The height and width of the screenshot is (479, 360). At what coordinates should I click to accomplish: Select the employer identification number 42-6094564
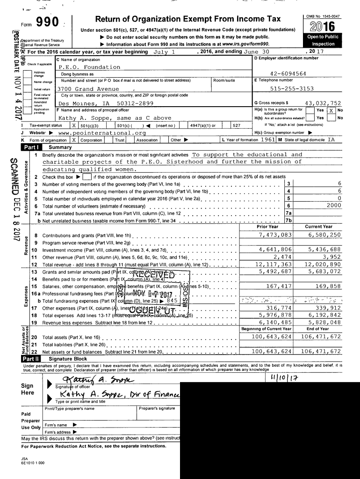click(x=288, y=74)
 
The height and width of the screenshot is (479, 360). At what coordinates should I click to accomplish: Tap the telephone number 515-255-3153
click(x=288, y=89)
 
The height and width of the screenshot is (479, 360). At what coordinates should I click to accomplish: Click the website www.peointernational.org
click(x=101, y=133)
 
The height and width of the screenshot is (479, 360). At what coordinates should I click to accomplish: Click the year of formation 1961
click(x=268, y=140)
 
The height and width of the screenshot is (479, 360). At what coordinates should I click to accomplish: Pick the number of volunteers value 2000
click(x=333, y=205)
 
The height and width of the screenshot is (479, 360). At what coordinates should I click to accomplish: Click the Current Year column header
click(x=318, y=227)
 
